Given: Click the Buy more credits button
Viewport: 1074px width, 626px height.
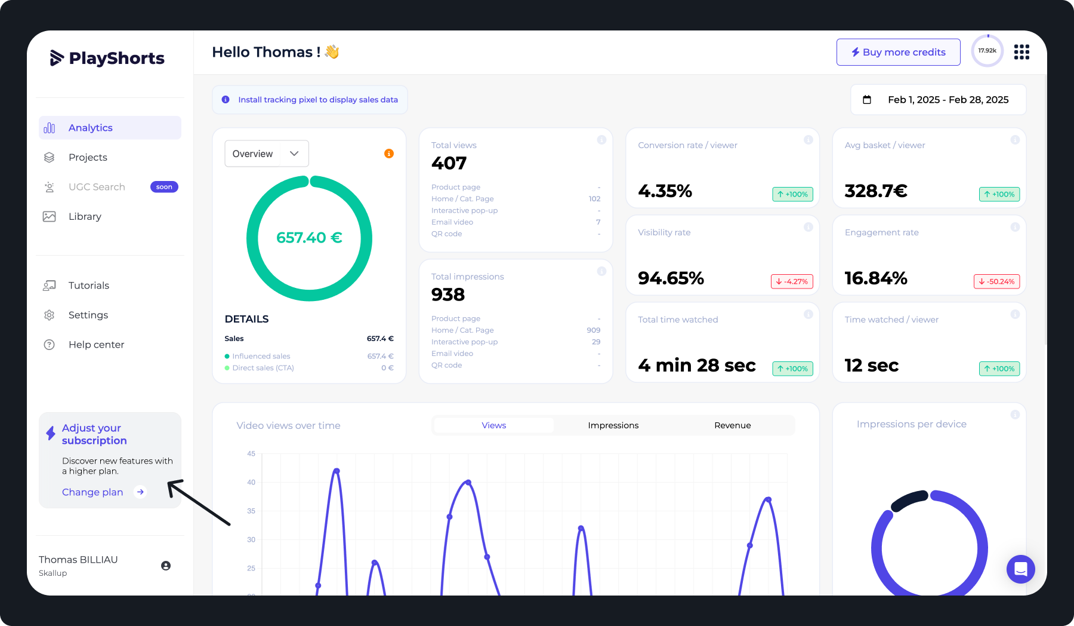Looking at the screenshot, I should click(898, 52).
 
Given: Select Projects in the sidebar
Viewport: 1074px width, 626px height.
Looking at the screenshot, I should click(88, 157).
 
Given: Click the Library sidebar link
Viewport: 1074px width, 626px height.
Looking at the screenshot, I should click(85, 216).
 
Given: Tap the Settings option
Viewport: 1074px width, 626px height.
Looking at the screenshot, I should click(88, 315).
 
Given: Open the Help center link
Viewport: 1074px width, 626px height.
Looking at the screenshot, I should click(96, 345).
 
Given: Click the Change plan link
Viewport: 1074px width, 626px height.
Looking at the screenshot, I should click(92, 492).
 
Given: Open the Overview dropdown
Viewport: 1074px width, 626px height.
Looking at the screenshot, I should click(266, 154).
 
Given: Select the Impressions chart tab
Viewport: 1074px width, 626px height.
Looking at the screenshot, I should click(613, 425).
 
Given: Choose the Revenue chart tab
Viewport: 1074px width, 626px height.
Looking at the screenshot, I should click(732, 425).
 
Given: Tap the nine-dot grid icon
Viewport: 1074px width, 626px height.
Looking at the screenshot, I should click(1021, 52).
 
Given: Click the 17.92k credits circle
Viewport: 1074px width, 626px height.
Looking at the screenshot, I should click(987, 51).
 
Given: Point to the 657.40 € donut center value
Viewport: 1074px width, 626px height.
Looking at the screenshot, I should click(309, 238).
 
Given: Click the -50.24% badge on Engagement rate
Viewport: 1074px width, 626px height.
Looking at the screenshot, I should click(996, 281).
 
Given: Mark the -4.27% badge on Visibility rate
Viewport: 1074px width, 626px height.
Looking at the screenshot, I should click(792, 281).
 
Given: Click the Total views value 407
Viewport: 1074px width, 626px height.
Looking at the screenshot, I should click(449, 163).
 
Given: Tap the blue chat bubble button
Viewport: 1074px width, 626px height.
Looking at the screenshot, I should click(1020, 569).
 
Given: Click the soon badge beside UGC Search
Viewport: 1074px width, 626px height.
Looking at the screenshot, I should click(164, 187).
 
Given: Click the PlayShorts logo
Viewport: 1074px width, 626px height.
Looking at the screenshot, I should click(107, 58).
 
